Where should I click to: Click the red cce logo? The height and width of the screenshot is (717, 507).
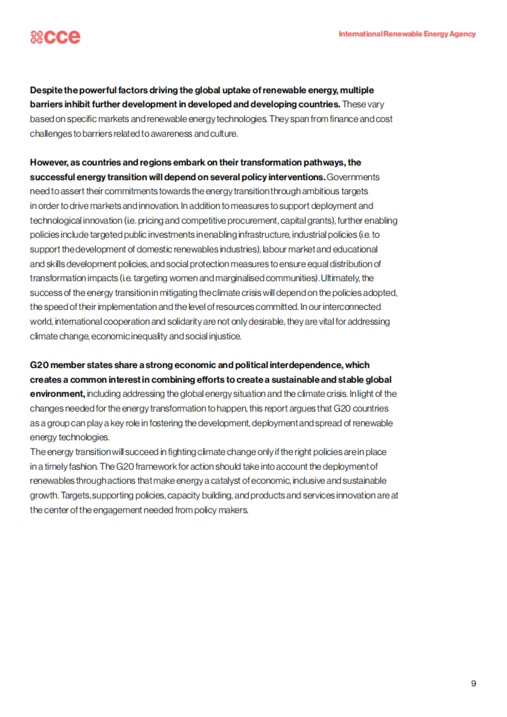point(55,37)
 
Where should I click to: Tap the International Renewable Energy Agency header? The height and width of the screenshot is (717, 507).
point(407,34)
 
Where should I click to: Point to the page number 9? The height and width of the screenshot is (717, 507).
point(473,683)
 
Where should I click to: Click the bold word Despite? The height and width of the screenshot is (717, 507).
point(46,90)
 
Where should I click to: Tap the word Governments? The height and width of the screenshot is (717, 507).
point(353,177)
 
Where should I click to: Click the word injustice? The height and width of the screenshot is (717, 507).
point(225,337)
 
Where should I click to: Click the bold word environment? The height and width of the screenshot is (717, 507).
point(57,394)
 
